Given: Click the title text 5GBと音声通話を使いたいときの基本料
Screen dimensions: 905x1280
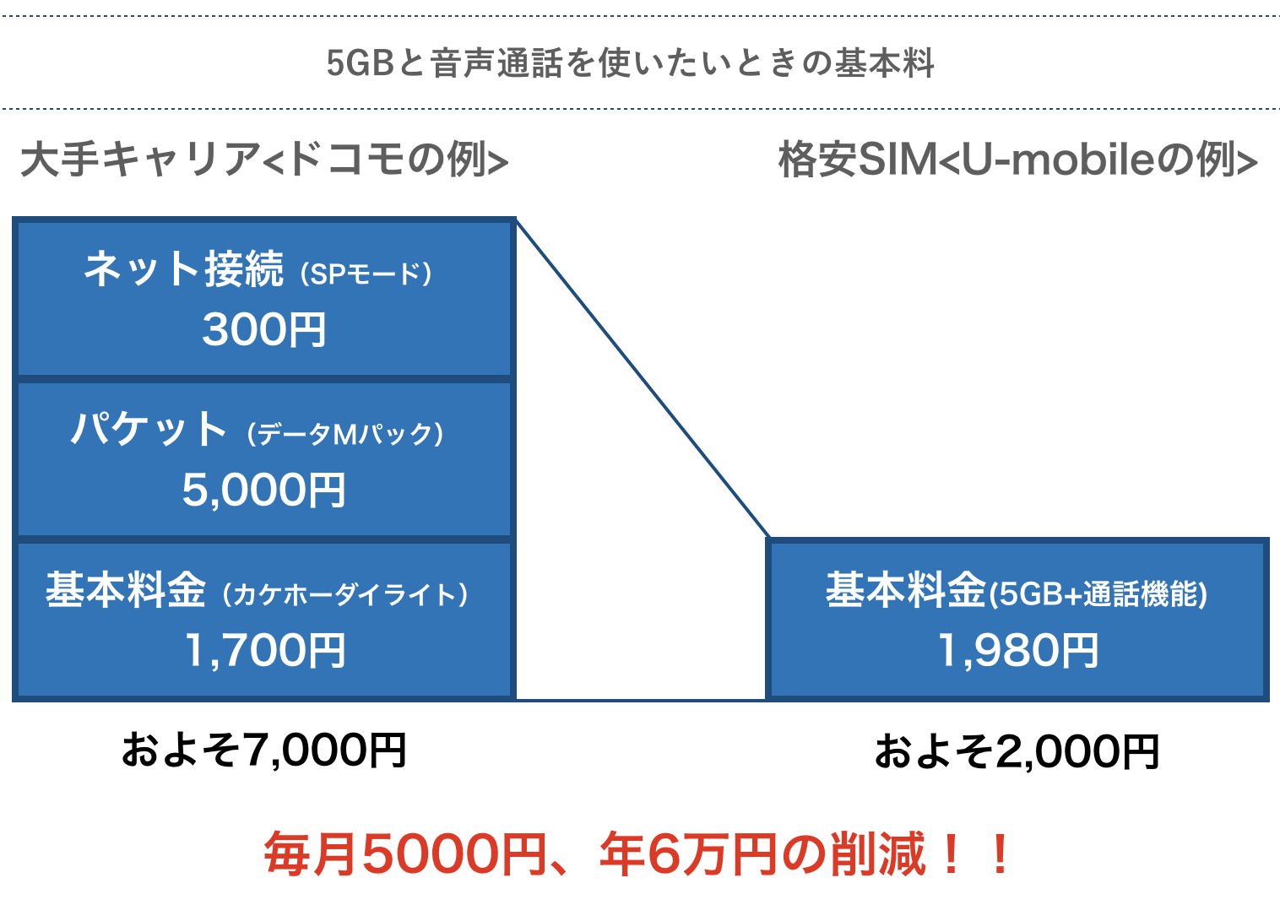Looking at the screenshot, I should (x=630, y=63).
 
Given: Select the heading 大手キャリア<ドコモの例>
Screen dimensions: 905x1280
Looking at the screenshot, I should (x=264, y=160).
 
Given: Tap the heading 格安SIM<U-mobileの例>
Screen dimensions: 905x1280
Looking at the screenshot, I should (x=1017, y=160).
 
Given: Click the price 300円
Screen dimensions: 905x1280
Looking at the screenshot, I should (x=264, y=329).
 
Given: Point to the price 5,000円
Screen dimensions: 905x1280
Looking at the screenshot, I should (x=264, y=490).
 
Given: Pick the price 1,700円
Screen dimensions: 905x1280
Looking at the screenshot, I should (x=264, y=650).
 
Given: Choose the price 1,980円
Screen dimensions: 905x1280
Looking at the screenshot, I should (x=1018, y=650).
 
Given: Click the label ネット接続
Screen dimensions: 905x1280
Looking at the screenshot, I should (x=183, y=270).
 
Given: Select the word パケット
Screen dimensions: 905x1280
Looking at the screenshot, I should (x=149, y=429).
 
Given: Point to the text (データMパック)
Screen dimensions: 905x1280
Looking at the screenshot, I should (x=345, y=434).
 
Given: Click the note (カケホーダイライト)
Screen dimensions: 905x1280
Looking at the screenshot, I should (x=345, y=594).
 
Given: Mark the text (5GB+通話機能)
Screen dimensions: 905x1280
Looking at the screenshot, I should (x=1098, y=594).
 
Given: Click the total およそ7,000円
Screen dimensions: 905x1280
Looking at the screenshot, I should (x=264, y=750).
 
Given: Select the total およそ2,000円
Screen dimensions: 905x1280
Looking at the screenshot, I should (x=1017, y=751).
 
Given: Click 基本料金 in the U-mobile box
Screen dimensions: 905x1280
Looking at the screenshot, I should (x=905, y=590).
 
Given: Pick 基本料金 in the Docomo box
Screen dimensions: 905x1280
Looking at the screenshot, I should (x=126, y=590).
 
